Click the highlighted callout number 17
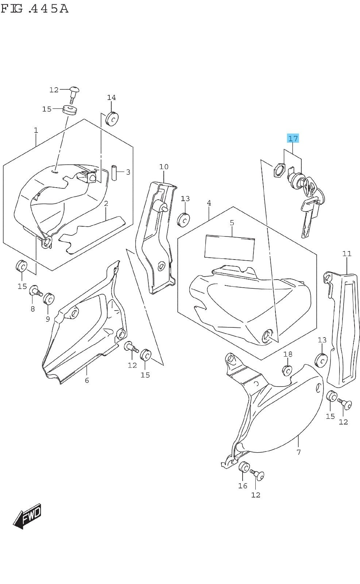293,138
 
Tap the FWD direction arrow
28,516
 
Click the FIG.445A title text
35,8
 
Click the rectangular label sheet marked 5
230,248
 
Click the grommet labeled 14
112,118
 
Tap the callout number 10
164,167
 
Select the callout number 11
347,253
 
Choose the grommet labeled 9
49,298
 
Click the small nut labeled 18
287,370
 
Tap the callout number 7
298,452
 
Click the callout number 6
87,380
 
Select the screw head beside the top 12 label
75,89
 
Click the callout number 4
209,203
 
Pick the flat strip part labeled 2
91,234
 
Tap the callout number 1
36,130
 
